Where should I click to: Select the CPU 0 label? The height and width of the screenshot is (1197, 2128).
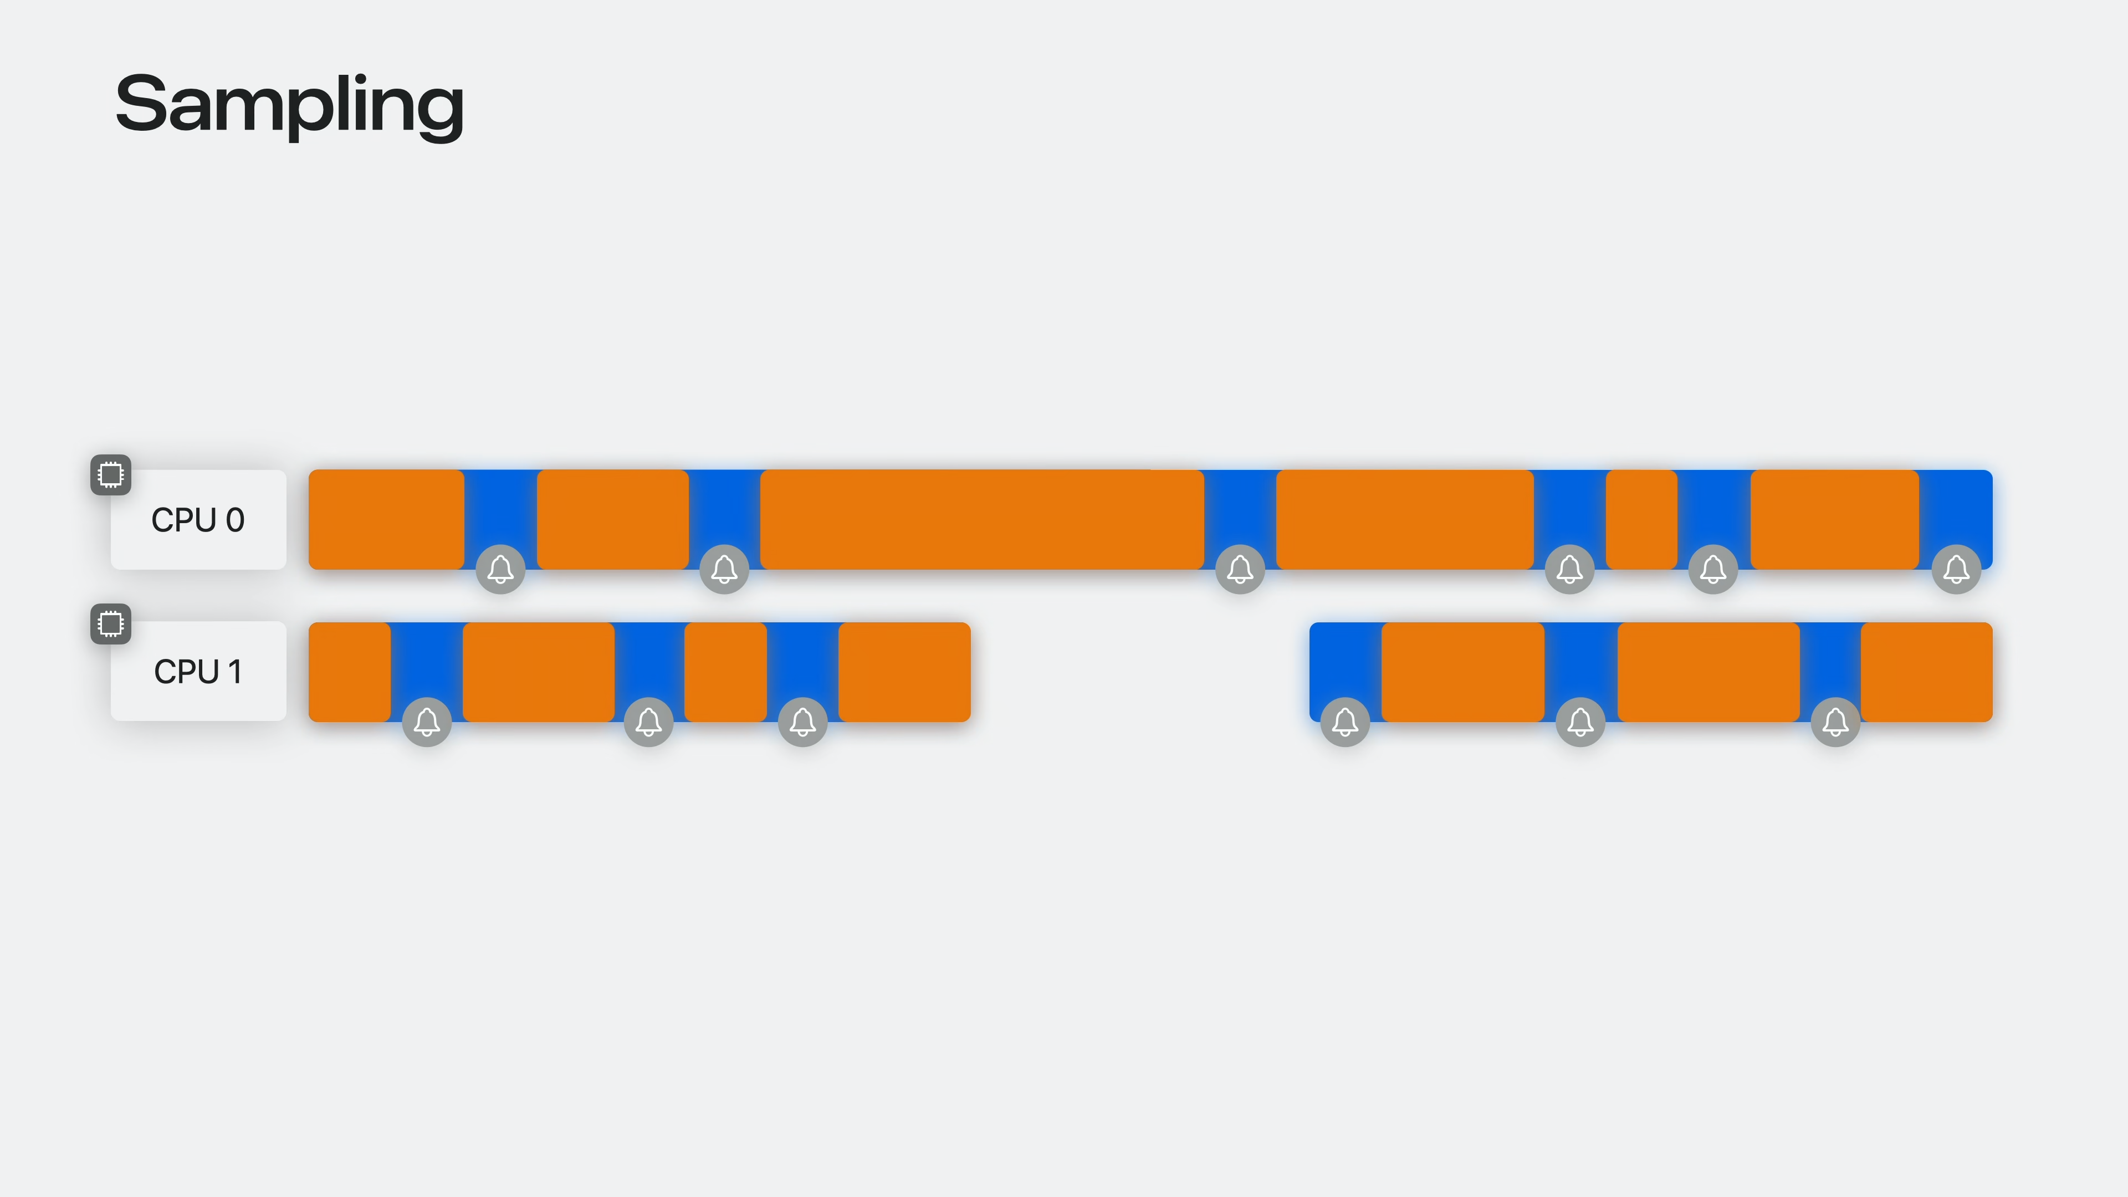point(198,520)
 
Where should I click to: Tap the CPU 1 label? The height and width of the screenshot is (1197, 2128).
point(198,671)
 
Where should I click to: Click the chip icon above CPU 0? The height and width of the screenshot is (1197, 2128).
point(111,474)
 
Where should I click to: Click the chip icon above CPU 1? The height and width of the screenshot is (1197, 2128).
point(111,623)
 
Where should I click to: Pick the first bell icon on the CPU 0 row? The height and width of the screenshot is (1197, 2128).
point(500,569)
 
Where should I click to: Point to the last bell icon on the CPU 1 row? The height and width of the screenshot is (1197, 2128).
point(1835,721)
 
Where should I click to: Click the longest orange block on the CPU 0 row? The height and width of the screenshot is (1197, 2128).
point(981,519)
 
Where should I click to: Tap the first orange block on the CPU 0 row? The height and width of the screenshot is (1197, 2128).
point(386,519)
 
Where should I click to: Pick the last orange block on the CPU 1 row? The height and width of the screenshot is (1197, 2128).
point(1926,671)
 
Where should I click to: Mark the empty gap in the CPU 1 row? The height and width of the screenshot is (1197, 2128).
point(1140,671)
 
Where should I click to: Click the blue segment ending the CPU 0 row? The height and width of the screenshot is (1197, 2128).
point(1956,508)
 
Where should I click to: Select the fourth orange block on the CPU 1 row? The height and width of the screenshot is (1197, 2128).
point(904,671)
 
